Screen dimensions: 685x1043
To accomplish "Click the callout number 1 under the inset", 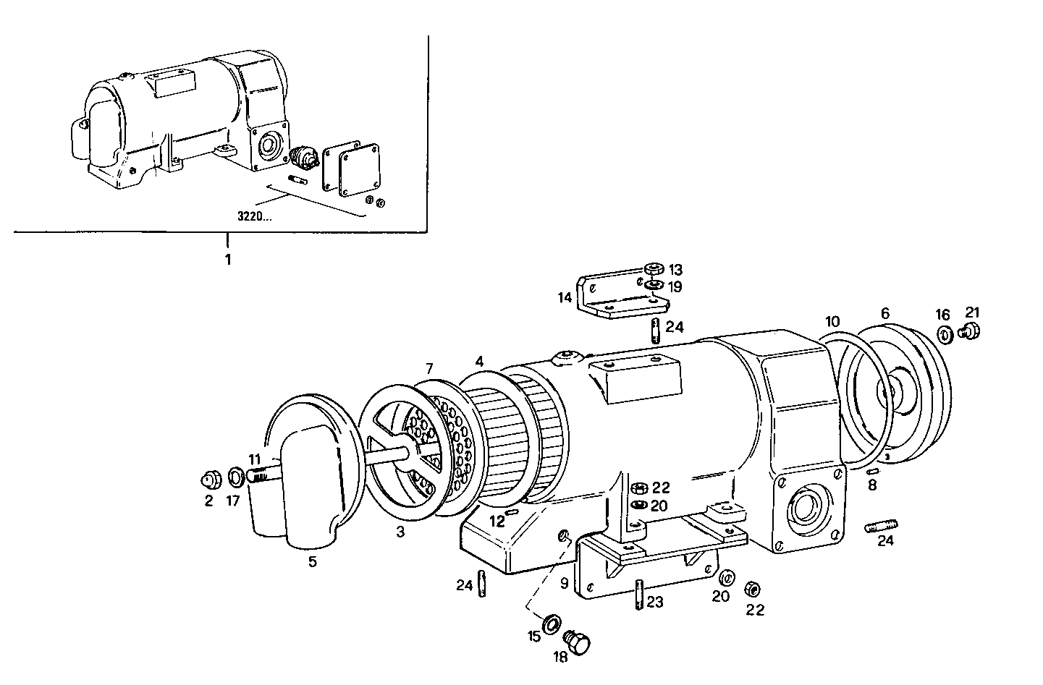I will coord(228,259).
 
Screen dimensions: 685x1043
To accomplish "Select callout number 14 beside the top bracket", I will coord(565,297).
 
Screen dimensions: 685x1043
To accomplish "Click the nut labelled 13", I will coord(654,269).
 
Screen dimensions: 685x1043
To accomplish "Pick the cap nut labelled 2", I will coord(209,480).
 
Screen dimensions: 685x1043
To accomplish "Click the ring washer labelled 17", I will coord(236,477).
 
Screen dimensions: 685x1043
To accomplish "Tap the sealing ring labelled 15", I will coord(552,621).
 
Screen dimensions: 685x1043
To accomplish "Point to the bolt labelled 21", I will coord(970,332).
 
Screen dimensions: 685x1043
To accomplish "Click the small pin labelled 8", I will coord(873,471).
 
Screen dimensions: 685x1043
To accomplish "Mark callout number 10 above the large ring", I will coord(832,320).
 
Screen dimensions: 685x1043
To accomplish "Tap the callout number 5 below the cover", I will coord(313,561).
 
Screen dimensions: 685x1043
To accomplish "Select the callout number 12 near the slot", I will coord(496,520).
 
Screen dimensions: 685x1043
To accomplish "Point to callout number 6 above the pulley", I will coord(884,313).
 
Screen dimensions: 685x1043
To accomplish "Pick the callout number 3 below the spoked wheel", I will coord(400,532).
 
